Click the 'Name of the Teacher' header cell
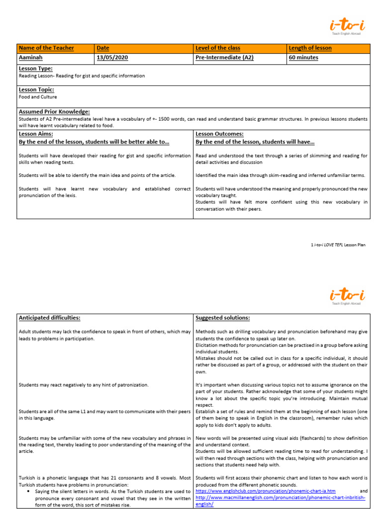click(x=46, y=48)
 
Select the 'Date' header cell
click(x=103, y=48)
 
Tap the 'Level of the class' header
click(x=218, y=48)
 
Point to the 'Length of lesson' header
click(x=310, y=48)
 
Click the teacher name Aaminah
click(x=30, y=58)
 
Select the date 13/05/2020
click(x=112, y=58)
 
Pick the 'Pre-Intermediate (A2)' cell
click(x=225, y=58)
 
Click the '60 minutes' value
click(x=303, y=58)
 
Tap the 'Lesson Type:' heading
click(x=35, y=69)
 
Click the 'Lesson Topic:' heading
click(x=36, y=90)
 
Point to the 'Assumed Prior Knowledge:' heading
click(x=54, y=112)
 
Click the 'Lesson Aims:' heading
click(x=36, y=134)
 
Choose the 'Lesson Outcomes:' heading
click(x=219, y=134)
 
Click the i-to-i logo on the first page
click(x=347, y=25)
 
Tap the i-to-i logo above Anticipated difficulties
click(x=347, y=296)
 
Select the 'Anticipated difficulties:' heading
click(x=49, y=318)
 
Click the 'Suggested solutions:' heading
click(x=223, y=318)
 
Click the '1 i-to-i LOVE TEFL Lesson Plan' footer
click(x=338, y=245)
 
